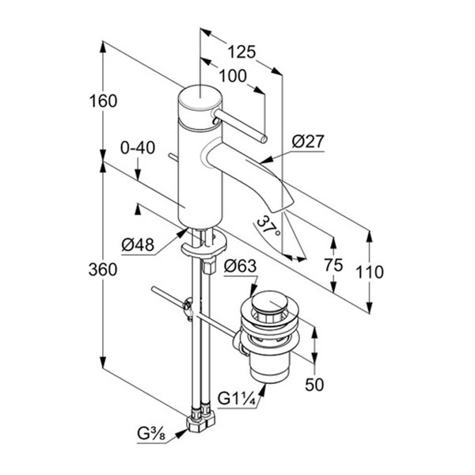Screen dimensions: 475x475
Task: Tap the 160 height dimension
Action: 104,101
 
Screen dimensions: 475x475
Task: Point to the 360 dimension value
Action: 103,269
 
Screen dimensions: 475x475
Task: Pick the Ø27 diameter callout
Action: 309,142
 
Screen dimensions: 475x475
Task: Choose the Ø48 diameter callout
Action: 138,245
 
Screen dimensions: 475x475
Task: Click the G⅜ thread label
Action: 150,433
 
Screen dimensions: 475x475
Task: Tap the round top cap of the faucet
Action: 196,100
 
